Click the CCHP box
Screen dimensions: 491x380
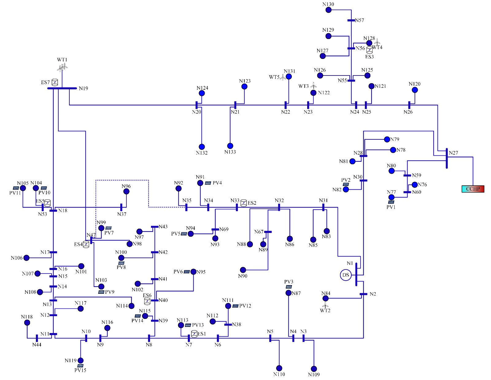click(473, 189)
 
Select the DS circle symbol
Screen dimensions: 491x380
click(346, 275)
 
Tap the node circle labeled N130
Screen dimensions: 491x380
click(328, 10)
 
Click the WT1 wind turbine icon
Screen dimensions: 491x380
click(62, 67)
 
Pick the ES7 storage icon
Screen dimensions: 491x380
click(55, 82)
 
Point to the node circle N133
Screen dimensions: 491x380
click(230, 146)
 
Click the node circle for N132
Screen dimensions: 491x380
click(202, 147)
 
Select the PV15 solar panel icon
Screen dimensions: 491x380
click(80, 366)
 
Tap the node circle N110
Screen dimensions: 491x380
click(279, 368)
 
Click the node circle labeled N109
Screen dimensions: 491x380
click(314, 369)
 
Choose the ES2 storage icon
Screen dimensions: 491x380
click(243, 203)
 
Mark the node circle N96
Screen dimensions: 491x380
click(126, 191)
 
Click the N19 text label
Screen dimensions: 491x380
click(83, 88)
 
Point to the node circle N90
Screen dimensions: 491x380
click(243, 270)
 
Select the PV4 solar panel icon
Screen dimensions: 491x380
click(208, 183)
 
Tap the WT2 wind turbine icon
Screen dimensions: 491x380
click(325, 305)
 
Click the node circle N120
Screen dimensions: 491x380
click(415, 90)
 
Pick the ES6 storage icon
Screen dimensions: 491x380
click(147, 301)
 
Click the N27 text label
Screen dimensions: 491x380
click(453, 153)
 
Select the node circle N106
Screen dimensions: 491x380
click(26, 258)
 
